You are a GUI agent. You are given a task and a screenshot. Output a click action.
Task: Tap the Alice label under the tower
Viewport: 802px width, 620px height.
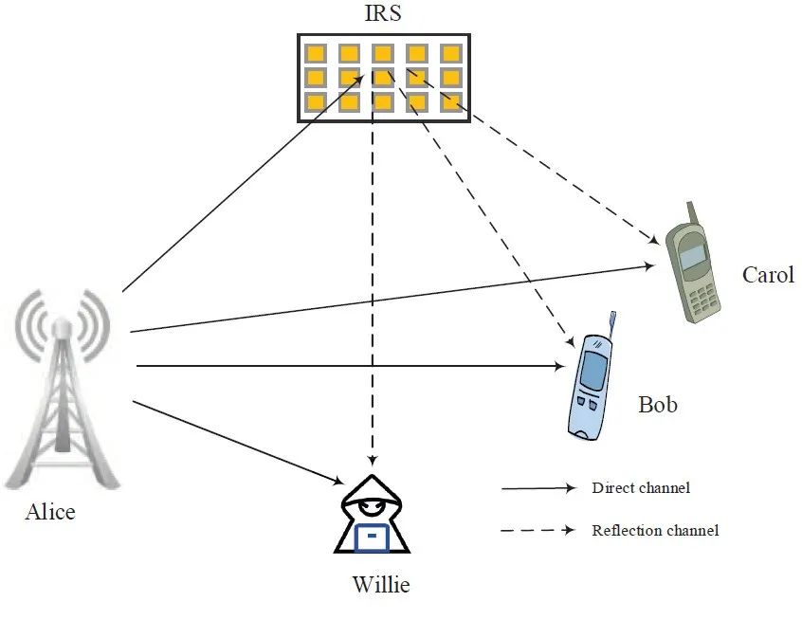click(50, 512)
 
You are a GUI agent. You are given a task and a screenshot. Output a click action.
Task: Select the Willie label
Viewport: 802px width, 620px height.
click(381, 584)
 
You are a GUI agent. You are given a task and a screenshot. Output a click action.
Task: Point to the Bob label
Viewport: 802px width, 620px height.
click(658, 405)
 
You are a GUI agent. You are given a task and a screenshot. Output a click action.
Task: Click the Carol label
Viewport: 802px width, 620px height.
click(768, 276)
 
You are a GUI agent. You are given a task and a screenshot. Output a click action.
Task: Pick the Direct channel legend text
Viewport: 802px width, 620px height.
click(640, 488)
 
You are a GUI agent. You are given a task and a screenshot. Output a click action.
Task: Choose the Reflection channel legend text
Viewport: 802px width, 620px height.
click(654, 530)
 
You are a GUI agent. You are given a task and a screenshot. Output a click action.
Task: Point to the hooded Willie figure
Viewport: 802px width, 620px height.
click(372, 517)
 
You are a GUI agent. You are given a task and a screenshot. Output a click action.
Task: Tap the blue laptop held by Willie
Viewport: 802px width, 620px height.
click(373, 538)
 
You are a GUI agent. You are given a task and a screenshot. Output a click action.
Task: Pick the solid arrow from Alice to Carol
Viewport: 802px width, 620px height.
click(389, 299)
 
